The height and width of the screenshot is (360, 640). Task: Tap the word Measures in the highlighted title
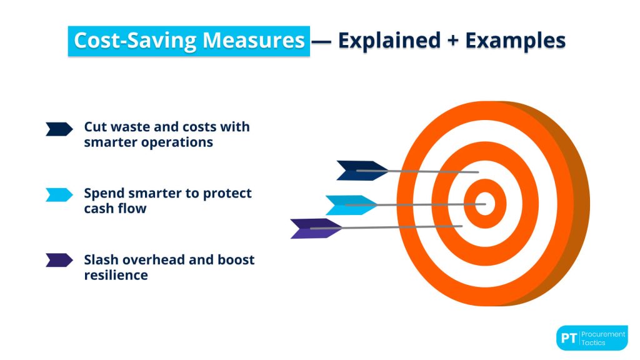click(254, 41)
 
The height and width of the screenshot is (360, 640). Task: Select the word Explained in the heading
click(389, 41)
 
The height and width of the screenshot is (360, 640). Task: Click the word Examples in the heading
click(515, 41)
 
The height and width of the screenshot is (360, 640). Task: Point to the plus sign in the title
click(452, 41)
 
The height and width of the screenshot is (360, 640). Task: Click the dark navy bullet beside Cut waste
click(59, 129)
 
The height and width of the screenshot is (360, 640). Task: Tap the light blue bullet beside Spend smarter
click(59, 195)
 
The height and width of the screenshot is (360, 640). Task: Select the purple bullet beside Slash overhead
click(59, 260)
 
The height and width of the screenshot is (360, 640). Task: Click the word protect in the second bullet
click(227, 194)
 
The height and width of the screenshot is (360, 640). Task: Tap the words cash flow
click(115, 209)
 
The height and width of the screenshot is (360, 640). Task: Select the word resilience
click(116, 275)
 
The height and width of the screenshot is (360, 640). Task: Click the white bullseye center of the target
click(485, 203)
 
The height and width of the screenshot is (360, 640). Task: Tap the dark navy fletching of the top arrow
click(362, 171)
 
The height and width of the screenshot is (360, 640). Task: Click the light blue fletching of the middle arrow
click(351, 205)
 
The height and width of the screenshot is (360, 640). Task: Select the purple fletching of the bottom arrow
click(316, 229)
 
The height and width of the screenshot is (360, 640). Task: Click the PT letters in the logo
click(569, 338)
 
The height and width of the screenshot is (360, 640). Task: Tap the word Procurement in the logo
click(603, 334)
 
